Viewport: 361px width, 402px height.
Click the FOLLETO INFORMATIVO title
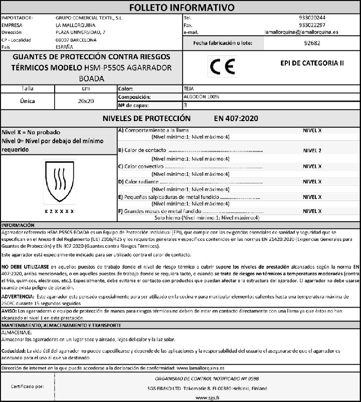click(182, 8)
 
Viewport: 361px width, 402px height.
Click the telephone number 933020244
click(311, 18)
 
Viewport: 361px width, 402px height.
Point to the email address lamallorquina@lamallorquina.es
click(301, 32)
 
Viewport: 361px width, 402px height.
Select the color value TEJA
click(189, 88)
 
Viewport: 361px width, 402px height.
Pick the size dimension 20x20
click(86, 101)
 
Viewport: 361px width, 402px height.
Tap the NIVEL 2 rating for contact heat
click(312, 150)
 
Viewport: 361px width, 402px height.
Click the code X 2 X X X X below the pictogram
click(59, 212)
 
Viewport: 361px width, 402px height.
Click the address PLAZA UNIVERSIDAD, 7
click(81, 32)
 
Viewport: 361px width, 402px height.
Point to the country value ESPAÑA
click(65, 47)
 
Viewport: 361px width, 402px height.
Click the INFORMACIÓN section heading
click(18, 225)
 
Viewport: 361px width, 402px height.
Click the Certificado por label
click(27, 387)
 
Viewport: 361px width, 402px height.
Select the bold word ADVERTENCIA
click(19, 297)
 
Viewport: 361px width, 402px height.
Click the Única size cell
click(27, 101)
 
